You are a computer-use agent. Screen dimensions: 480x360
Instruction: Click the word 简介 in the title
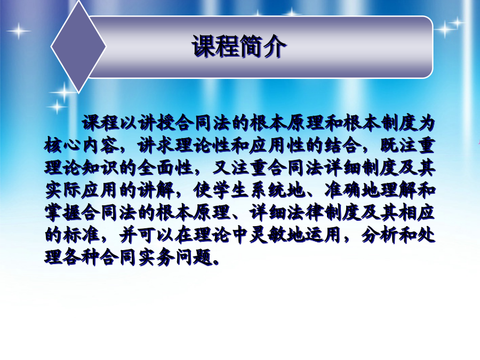coord(262,46)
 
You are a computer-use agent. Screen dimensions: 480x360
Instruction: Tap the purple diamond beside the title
coord(78,46)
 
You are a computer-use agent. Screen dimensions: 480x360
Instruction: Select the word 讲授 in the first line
coord(157,123)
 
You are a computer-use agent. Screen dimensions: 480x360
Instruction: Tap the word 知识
coord(101,168)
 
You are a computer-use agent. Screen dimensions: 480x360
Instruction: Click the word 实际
coord(63,190)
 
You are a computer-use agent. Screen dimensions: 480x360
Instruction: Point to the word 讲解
coord(157,190)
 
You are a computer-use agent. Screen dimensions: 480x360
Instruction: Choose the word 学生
coord(231,190)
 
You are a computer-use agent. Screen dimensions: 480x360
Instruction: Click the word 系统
coord(269,190)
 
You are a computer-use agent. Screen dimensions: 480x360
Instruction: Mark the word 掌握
coord(63,212)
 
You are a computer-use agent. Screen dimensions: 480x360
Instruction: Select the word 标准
coord(82,235)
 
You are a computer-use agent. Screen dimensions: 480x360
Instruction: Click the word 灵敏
coord(269,235)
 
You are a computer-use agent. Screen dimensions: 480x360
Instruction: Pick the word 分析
coord(380,235)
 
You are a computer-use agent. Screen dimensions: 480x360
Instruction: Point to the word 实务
coord(157,257)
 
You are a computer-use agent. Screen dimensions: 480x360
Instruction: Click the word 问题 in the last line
coord(194,257)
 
